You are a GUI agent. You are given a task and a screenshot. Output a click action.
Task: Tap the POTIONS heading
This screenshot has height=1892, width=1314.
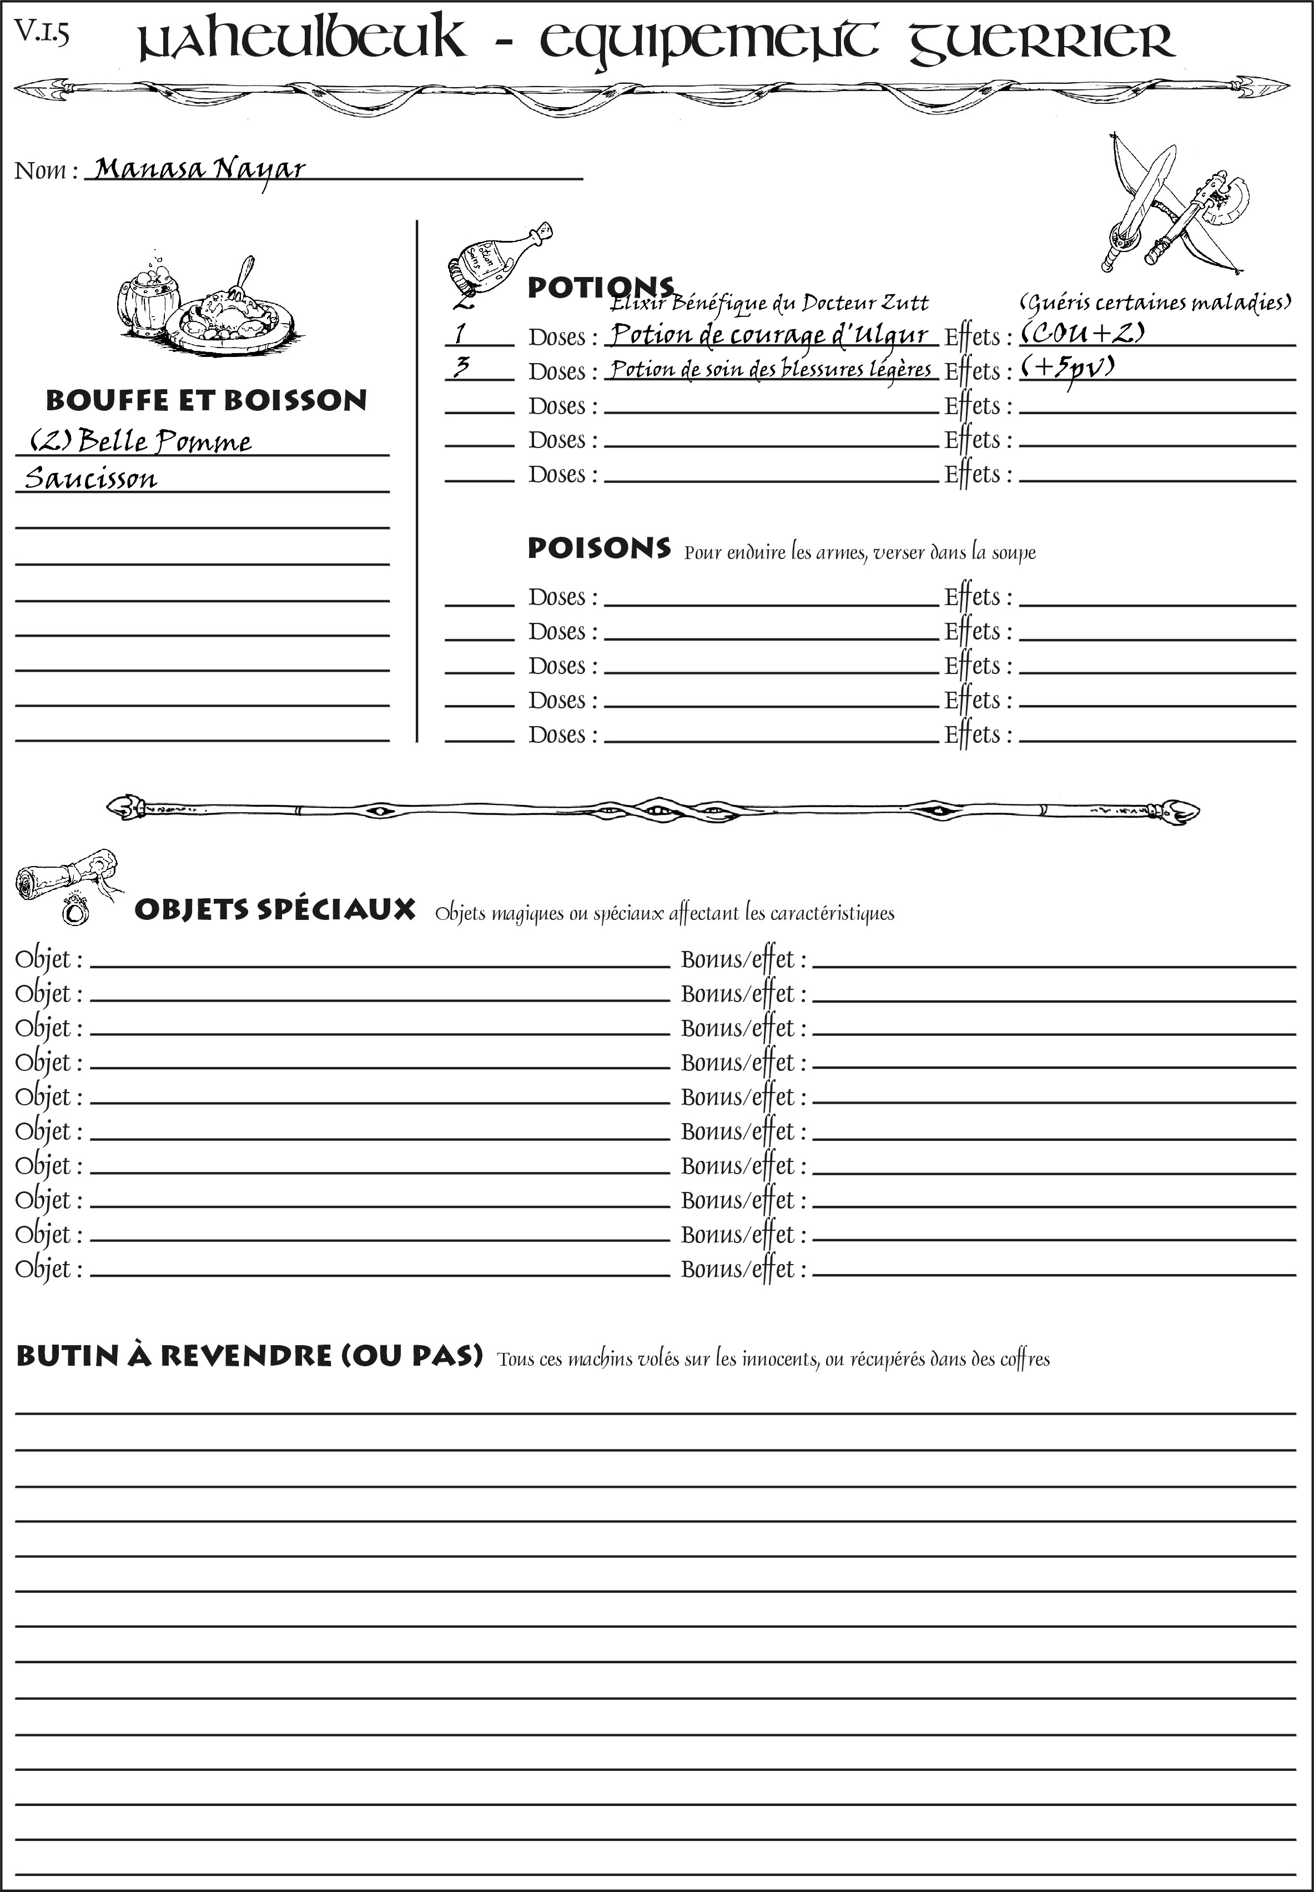click(x=600, y=288)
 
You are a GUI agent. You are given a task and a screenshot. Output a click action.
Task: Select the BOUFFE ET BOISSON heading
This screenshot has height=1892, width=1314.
click(x=206, y=400)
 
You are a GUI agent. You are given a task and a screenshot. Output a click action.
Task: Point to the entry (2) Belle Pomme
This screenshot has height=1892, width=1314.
click(x=140, y=441)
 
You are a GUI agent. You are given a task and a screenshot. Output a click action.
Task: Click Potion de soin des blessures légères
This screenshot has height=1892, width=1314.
click(x=771, y=369)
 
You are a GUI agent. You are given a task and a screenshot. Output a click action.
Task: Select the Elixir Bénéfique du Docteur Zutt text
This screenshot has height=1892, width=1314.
click(x=770, y=304)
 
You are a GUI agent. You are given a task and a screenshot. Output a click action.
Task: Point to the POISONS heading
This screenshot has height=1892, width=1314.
click(x=598, y=549)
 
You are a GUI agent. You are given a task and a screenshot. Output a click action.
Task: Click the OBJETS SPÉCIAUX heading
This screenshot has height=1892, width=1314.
click(x=275, y=910)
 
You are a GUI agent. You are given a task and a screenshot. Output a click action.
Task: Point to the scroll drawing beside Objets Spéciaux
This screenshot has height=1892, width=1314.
click(x=66, y=883)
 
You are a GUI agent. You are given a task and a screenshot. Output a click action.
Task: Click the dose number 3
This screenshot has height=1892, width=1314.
click(x=462, y=367)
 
